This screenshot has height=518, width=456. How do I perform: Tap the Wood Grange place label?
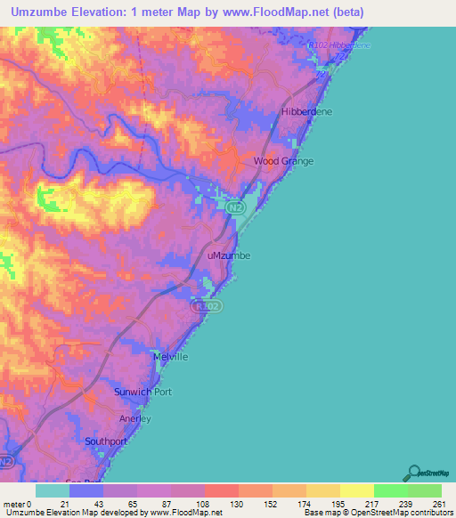(x=284, y=161)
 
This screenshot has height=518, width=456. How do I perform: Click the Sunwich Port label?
(x=142, y=392)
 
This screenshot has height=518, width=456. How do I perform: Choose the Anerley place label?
(x=135, y=418)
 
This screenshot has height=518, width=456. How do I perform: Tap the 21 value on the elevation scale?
(x=65, y=504)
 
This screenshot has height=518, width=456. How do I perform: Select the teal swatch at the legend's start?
(x=53, y=490)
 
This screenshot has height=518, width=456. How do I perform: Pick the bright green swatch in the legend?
(x=390, y=490)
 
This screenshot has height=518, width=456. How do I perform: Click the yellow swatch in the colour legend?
(x=356, y=490)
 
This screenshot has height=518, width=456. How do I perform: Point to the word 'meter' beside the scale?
(x=14, y=504)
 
